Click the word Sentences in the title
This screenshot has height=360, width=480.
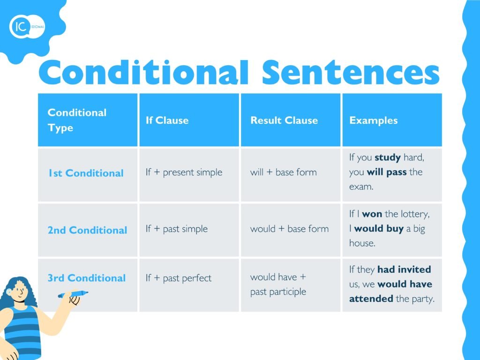[x=351, y=72]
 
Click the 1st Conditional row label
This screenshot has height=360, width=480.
[x=86, y=173]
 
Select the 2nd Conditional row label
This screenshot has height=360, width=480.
[x=87, y=230]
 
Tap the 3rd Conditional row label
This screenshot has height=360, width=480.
[x=87, y=277]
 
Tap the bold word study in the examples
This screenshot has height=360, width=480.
[x=388, y=157]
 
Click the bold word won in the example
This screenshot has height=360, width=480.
[x=372, y=214]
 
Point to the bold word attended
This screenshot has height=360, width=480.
[x=371, y=299]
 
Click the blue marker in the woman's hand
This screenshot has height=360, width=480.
[x=73, y=294]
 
